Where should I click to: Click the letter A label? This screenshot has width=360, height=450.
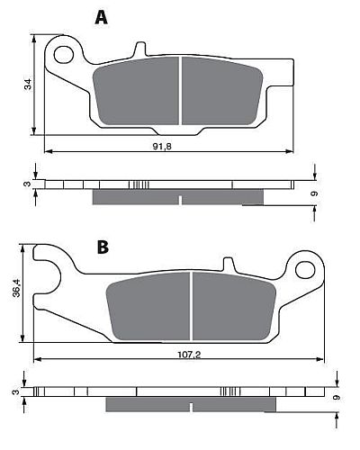103,16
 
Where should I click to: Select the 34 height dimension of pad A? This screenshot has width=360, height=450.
28,85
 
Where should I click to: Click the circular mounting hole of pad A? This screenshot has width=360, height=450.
64,54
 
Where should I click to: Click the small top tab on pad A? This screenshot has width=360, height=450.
139,49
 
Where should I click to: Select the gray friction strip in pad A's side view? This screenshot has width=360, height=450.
178,197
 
